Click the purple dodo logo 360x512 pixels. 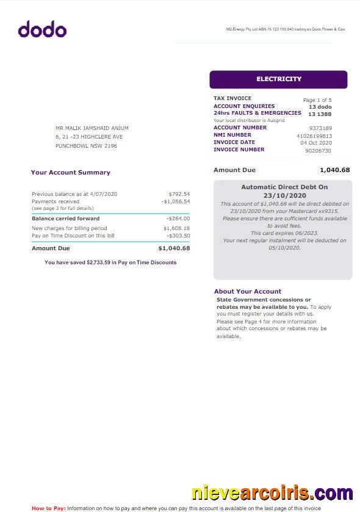(42, 29)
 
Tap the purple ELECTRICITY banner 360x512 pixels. (278, 79)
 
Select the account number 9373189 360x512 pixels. (320, 128)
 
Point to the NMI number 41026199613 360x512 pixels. (314, 135)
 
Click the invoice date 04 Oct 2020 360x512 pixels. (316, 143)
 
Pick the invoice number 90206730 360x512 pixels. (318, 150)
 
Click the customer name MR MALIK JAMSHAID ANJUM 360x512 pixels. (92, 128)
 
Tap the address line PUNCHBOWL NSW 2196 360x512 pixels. (86, 146)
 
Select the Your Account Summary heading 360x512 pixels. (71, 173)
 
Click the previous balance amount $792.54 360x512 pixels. (179, 194)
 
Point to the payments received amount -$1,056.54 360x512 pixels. (176, 201)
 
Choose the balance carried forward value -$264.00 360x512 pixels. (178, 218)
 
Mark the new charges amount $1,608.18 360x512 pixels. (176, 228)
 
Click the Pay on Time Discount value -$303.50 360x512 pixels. (178, 236)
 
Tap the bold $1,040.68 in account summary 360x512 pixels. (174, 248)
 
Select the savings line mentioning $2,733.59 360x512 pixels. (110, 262)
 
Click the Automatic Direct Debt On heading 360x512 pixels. (284, 187)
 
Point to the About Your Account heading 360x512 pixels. (248, 292)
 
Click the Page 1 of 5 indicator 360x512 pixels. (317, 100)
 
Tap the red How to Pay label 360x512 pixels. (48, 508)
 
